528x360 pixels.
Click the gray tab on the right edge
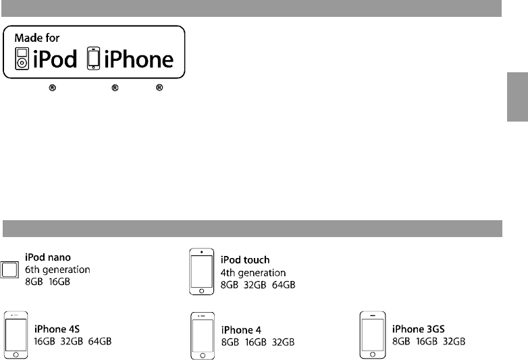click(x=517, y=97)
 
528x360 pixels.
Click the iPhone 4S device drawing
click(x=16, y=334)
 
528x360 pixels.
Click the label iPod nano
click(x=47, y=257)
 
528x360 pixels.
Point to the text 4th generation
click(x=253, y=273)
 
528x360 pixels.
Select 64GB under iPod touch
click(x=282, y=285)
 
